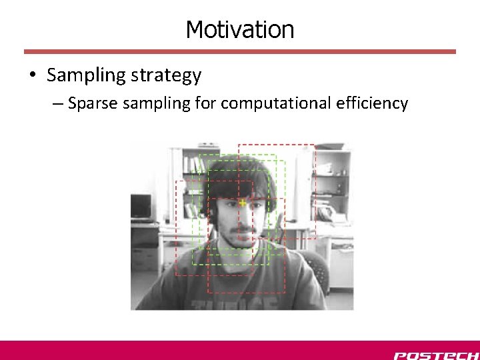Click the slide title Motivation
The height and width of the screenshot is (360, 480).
(239, 29)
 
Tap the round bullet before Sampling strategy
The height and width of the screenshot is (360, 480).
(33, 75)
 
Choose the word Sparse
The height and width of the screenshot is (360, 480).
(92, 103)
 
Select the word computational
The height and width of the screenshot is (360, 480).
(277, 103)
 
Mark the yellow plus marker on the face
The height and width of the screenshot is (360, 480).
(243, 202)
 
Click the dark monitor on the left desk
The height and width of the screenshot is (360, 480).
(141, 207)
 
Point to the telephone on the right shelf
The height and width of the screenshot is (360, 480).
(327, 213)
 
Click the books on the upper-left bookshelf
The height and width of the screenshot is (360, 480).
(192, 165)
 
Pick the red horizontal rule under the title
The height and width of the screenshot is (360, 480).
(240, 51)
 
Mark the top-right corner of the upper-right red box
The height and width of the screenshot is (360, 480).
(315, 145)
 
